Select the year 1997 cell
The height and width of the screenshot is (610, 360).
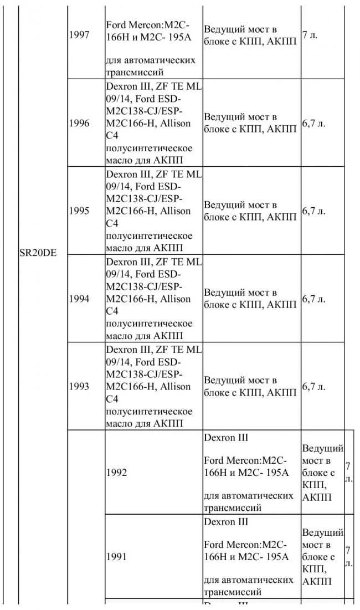(x=79, y=35)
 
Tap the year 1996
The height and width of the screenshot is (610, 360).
(x=79, y=123)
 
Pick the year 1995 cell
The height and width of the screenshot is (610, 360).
(x=79, y=211)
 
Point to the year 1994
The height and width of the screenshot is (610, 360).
(x=79, y=299)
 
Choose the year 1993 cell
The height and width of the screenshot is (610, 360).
(x=79, y=387)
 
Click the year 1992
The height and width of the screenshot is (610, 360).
(x=116, y=473)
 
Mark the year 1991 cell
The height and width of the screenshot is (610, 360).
(x=116, y=557)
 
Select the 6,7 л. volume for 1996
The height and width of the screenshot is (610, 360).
(x=314, y=123)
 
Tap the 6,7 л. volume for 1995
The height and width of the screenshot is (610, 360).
(x=314, y=211)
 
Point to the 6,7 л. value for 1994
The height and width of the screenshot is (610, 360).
(x=314, y=299)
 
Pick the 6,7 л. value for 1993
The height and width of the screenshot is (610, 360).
(x=314, y=387)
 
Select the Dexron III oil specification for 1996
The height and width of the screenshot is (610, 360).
(x=153, y=123)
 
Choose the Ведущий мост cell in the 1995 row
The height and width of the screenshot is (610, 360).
(x=250, y=211)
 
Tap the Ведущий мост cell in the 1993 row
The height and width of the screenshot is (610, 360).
(x=250, y=387)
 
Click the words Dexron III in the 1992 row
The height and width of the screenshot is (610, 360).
(x=226, y=438)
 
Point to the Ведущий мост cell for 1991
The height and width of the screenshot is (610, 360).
(x=322, y=557)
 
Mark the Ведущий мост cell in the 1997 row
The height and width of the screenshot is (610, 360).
(x=250, y=35)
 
